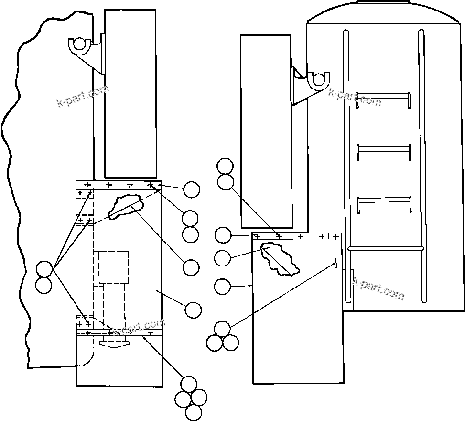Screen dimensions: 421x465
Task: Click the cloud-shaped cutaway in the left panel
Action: click(126, 206)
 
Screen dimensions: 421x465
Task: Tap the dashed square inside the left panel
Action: click(114, 267)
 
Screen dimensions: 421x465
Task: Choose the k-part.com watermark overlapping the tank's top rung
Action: click(355, 97)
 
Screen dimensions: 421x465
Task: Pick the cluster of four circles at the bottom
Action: click(191, 398)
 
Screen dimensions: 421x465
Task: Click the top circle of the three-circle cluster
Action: click(222, 329)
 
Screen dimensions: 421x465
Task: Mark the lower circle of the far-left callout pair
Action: click(44, 285)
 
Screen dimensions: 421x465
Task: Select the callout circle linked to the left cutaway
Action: click(191, 268)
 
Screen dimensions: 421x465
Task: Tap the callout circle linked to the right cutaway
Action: click(223, 258)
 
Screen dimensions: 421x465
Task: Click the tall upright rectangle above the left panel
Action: click(130, 93)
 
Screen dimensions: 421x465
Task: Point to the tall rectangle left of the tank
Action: click(266, 132)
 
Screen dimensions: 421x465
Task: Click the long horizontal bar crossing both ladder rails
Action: click(386, 248)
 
